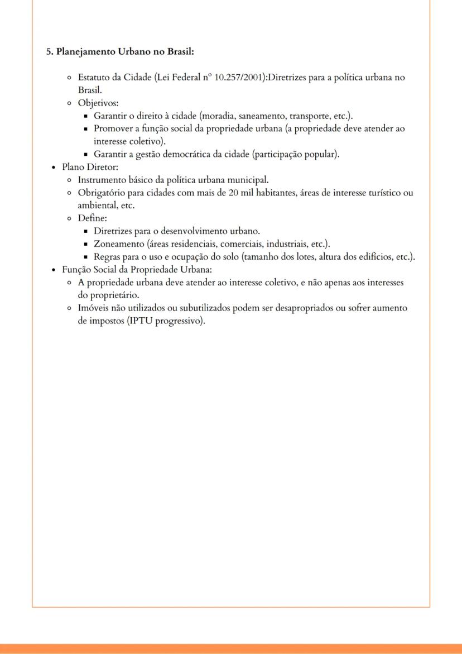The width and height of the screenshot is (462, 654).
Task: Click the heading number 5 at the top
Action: [49, 52]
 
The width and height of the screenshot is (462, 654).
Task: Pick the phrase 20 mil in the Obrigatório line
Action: [241, 193]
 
